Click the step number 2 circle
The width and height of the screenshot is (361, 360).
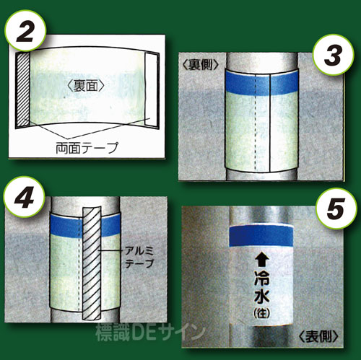tap(25, 30)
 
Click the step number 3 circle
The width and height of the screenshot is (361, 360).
tap(334, 55)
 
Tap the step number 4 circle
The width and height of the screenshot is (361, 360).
tap(24, 197)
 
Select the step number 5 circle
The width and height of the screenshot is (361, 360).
tap(336, 208)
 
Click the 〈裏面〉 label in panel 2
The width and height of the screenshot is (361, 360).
tap(86, 86)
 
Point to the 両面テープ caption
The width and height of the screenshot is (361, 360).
tap(87, 148)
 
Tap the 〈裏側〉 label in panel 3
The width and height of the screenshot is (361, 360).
tap(201, 64)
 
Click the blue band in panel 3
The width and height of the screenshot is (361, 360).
tap(261, 83)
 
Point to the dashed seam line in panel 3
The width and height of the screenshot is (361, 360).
tap(256, 122)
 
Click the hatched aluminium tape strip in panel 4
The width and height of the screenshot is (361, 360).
tap(92, 263)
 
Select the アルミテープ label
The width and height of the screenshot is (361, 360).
tap(139, 258)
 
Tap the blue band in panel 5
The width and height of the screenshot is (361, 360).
tap(261, 236)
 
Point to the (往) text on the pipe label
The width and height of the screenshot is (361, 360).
tap(261, 313)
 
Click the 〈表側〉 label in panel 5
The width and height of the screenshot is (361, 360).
tap(319, 336)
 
